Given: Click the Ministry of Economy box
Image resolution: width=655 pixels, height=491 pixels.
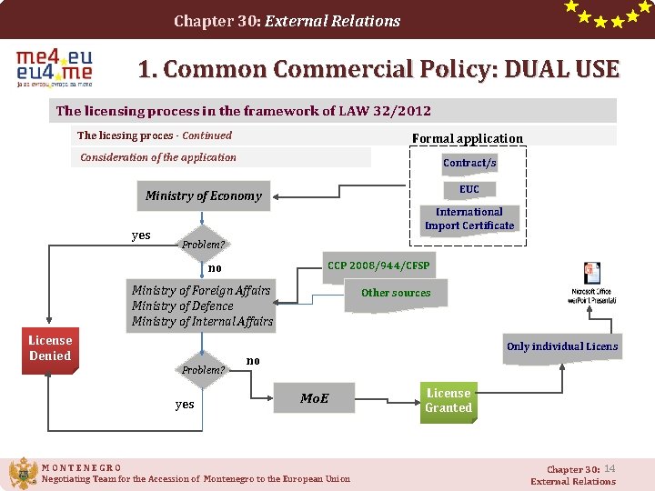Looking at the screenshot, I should click(204, 195).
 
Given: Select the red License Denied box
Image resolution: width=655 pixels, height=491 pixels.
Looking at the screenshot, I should click(50, 348).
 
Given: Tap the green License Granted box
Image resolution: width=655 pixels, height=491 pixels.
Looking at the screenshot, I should click(448, 400).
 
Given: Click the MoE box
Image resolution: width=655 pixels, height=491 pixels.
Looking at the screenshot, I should click(315, 398).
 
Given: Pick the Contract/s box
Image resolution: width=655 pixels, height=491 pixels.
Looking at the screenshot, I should click(469, 163).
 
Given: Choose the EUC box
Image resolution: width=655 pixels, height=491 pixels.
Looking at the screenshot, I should click(469, 189).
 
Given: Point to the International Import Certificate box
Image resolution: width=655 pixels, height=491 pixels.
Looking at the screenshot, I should click(469, 219).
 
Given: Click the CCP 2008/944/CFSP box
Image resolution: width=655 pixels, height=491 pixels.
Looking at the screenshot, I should click(378, 266).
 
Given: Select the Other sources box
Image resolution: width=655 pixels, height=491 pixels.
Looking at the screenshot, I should click(396, 293).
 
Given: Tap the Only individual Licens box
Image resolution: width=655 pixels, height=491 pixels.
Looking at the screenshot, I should click(561, 346).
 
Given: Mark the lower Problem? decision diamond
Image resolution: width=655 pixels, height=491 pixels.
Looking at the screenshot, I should click(203, 370).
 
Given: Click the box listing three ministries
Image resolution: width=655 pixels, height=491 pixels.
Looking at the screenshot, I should click(202, 306).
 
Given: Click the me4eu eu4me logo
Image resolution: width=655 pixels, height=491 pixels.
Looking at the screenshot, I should click(55, 68).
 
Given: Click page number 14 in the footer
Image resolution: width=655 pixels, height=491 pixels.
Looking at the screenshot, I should click(610, 468).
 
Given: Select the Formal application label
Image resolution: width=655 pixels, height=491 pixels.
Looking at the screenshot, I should click(468, 138).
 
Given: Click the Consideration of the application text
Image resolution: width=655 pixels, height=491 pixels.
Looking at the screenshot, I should click(158, 157).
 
